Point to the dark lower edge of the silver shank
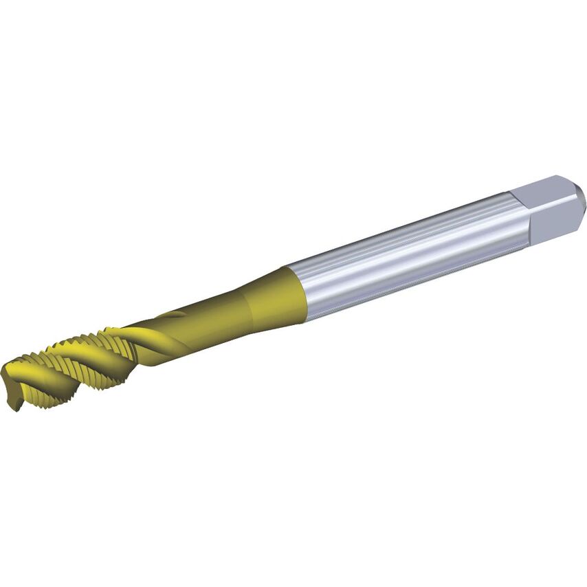pos(412,282)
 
